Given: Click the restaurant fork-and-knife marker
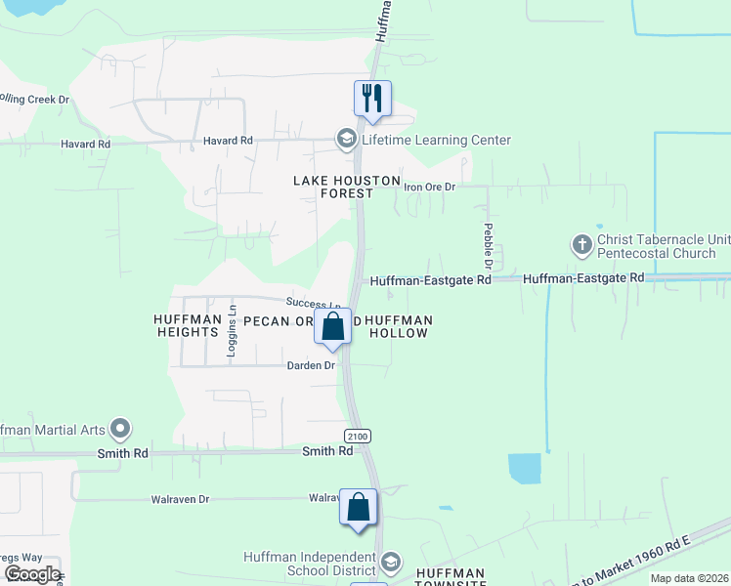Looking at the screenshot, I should pos(372,98).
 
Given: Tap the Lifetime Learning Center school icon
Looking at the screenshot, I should pos(346,140).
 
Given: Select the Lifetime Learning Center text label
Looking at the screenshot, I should pos(436,140).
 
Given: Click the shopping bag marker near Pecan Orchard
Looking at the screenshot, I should pos(333,326).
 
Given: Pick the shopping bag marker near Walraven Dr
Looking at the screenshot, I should pos(359,507).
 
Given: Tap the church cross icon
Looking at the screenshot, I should pos(582,243).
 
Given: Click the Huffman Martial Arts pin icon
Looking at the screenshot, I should pos(120,428).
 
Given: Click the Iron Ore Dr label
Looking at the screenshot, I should pos(430,187).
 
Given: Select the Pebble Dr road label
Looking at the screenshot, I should pos(487,246).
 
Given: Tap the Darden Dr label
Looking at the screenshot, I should pos(311,365).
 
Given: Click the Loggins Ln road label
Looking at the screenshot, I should pos(232,331).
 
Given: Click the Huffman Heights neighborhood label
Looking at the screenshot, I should pos(186,325).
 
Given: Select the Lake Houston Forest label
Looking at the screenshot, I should pos(348,187).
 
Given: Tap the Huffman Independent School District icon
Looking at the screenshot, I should pos(390,563).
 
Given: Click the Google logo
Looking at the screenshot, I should pos(32,573).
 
